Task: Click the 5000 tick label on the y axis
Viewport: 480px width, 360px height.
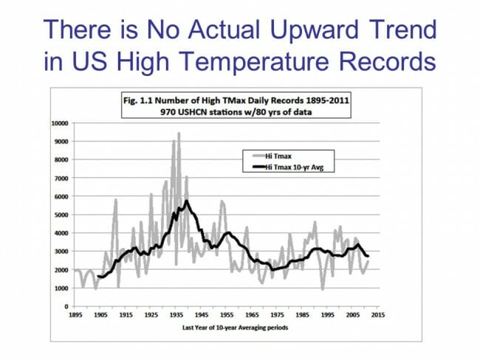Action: pos(62,215)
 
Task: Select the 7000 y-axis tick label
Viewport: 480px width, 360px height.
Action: pos(62,178)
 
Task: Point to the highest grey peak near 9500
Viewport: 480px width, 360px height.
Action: pos(178,134)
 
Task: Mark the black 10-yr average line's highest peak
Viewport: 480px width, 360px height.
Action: pos(188,201)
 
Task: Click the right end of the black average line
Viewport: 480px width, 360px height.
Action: pos(368,256)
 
